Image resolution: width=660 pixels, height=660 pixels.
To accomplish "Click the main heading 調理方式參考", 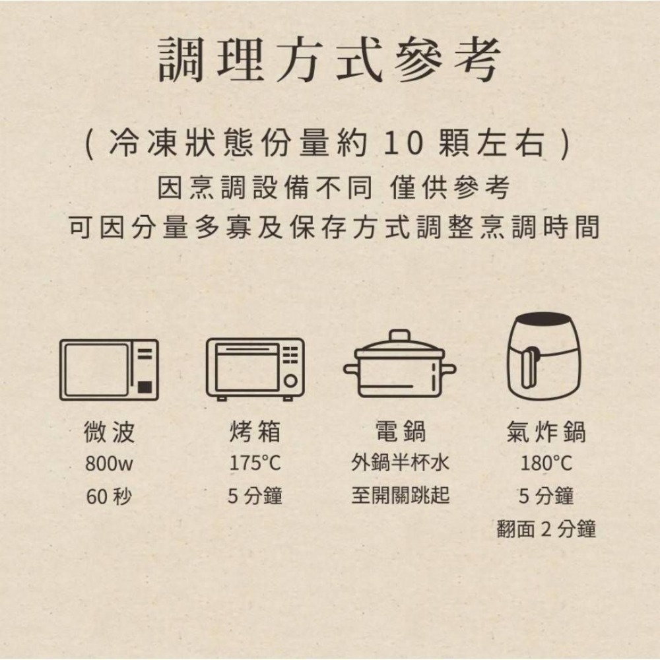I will [x=329, y=61].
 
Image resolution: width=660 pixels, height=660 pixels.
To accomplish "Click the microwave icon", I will [x=109, y=370].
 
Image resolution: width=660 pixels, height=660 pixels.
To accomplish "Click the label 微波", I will [x=110, y=432].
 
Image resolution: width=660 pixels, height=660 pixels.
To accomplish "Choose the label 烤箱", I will [x=255, y=432].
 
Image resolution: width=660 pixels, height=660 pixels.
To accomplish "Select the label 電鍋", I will [x=400, y=432].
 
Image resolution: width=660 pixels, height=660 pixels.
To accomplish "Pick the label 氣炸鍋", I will [x=546, y=432].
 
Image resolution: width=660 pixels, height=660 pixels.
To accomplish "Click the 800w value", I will [x=110, y=464].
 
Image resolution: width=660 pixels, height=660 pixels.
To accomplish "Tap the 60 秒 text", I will [x=110, y=496].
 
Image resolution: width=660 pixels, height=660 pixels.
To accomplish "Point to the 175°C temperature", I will [x=255, y=464].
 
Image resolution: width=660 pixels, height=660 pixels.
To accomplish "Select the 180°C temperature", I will [x=546, y=464].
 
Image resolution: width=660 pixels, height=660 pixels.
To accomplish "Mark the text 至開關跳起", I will [x=400, y=495].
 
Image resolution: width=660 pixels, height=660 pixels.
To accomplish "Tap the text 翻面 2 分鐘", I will [x=546, y=529].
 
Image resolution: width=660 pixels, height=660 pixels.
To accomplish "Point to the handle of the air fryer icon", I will [x=527, y=370].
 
